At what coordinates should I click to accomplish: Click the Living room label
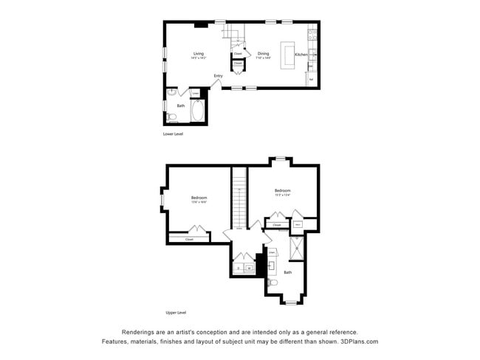(199, 54)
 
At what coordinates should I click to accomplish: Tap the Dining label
(263, 54)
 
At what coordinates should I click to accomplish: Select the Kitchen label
(301, 55)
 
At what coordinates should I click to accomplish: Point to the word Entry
(219, 76)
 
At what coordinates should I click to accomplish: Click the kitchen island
(287, 55)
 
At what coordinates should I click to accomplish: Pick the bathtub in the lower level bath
(197, 112)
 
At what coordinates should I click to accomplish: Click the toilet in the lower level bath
(171, 117)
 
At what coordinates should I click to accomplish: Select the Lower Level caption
(173, 134)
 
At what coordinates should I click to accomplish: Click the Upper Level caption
(175, 313)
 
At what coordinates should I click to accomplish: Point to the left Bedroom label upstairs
(199, 198)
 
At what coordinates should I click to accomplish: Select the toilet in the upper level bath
(272, 283)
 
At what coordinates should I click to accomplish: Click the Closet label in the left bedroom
(189, 239)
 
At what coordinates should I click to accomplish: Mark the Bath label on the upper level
(288, 273)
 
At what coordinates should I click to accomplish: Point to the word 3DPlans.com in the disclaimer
(357, 342)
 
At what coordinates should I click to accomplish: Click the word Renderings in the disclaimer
(138, 331)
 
